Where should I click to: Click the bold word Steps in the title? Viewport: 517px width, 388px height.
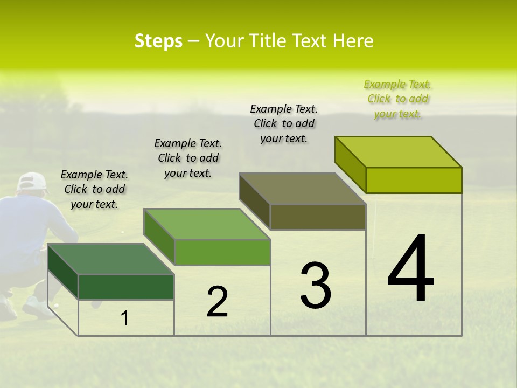pos(158,41)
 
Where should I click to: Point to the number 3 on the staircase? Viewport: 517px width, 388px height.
pos(315,285)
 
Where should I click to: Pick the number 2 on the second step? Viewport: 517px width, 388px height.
pos(217,302)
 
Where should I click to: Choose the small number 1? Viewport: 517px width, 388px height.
pos(125,318)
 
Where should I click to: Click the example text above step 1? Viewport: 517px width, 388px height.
pos(94,189)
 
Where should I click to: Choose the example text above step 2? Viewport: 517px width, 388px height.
pos(188,158)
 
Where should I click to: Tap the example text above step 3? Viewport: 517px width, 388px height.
pos(284,123)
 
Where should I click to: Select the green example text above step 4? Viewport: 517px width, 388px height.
pos(398,99)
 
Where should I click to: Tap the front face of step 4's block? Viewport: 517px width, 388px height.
pos(414,180)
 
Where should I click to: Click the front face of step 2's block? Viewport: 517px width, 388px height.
pos(222,252)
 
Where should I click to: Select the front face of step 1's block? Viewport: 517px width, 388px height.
pos(126,287)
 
